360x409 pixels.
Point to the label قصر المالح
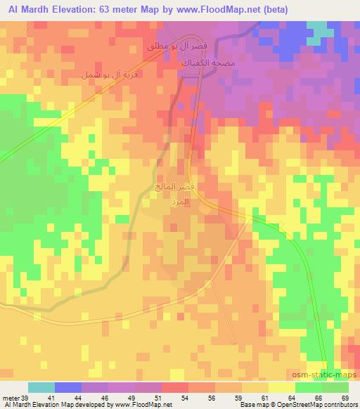tap(175, 188)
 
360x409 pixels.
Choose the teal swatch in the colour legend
tap(41, 388)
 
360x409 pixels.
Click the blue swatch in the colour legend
tap(68, 388)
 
